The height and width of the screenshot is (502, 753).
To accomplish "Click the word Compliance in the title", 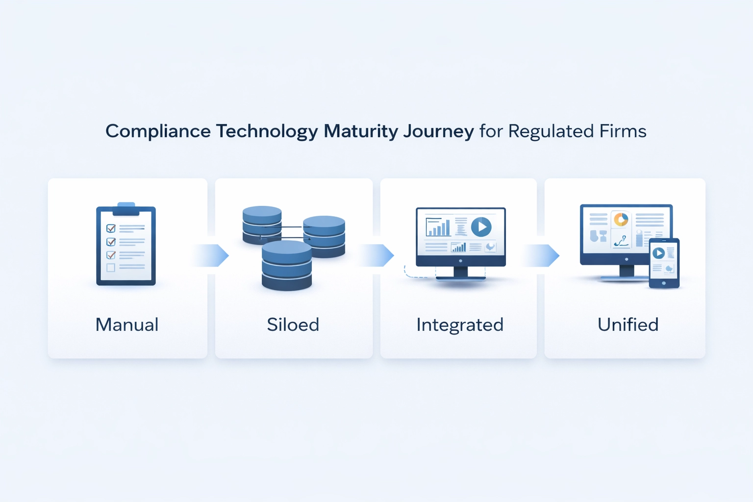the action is point(158,131).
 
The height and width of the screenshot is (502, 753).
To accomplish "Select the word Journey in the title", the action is point(439,131).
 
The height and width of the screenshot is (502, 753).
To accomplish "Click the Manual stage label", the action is point(127,325).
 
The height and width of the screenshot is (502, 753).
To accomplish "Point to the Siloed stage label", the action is point(293,325).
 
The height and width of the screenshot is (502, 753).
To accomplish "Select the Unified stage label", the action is point(628,325).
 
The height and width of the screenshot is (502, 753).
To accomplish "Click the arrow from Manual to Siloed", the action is point(212,255).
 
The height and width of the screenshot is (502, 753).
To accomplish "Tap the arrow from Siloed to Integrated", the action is point(377,255).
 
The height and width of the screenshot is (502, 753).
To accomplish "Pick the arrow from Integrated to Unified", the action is point(542,255).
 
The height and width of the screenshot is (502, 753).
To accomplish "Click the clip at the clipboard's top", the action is point(126,209).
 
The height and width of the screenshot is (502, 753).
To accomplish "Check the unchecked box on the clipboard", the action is point(111,268).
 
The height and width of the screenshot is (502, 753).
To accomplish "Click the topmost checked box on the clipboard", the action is point(111,228).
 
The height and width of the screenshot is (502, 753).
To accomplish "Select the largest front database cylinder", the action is point(287,266).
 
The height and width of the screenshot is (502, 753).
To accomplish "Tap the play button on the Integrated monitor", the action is point(481,227).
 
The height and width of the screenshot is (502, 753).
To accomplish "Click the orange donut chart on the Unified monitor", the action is point(621,220).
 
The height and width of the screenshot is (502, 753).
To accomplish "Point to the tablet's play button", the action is point(658,253).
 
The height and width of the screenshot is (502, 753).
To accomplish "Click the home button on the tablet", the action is point(664,283).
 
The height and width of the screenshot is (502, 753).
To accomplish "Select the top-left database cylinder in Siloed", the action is point(262,225).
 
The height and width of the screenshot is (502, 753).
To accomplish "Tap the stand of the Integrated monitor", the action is point(460,274).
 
